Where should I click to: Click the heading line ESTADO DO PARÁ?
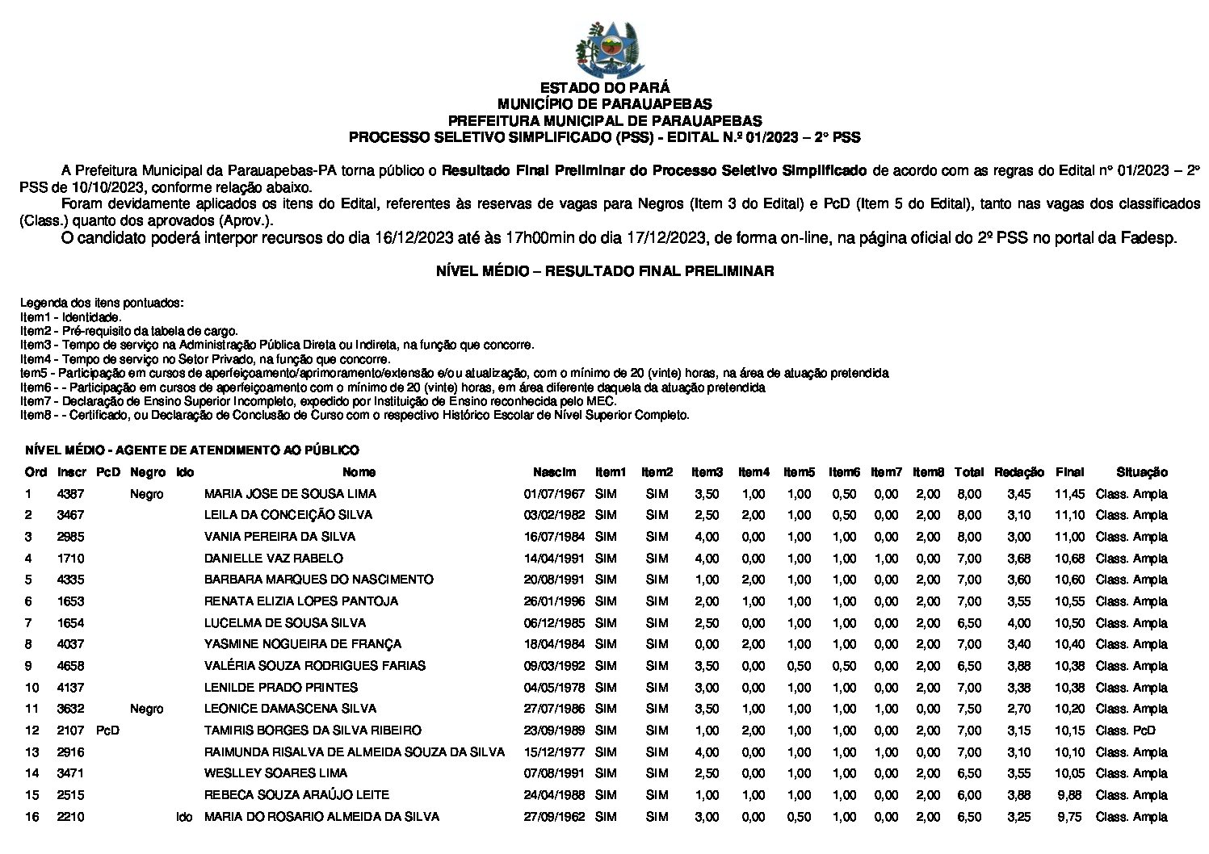click(x=604, y=88)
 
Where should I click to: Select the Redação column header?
click(x=1019, y=472)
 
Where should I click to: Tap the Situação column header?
click(x=1142, y=472)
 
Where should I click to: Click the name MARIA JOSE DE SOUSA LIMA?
click(x=290, y=494)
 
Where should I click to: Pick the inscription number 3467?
click(x=70, y=515)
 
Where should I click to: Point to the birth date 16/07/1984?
click(x=553, y=537)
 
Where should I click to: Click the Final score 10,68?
click(x=1069, y=559)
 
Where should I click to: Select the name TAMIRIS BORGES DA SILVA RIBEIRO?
click(x=313, y=731)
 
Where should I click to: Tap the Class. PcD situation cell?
click(x=1125, y=731)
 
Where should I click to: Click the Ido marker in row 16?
click(x=184, y=817)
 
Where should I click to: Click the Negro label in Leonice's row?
click(x=146, y=709)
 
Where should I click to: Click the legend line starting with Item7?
click(x=318, y=401)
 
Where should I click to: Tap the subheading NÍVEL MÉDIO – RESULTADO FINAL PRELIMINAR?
click(x=604, y=272)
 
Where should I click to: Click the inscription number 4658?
click(x=70, y=666)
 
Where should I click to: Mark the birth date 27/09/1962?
click(x=553, y=817)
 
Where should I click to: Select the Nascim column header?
click(x=554, y=472)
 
